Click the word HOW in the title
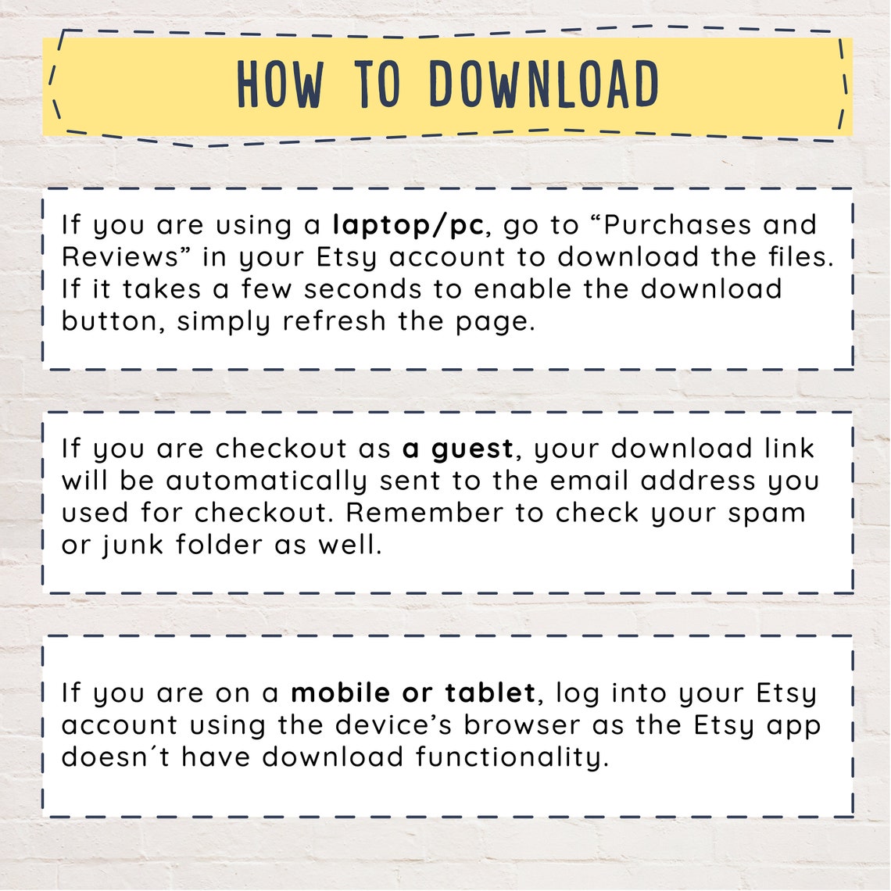281,84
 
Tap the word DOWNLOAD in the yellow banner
544,84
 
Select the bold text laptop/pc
408,226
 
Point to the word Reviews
120,257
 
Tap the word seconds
363,288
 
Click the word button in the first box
113,321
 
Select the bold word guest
472,449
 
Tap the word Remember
424,513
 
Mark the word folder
219,545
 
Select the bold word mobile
340,692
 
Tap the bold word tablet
490,692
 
